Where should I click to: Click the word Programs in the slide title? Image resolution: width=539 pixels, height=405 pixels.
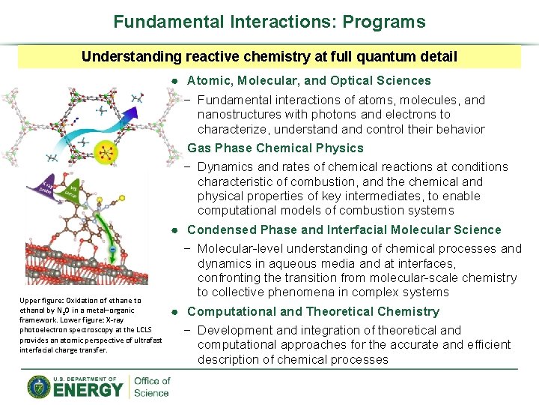point(383,22)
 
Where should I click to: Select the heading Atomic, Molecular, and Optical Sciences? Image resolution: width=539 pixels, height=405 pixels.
point(308,80)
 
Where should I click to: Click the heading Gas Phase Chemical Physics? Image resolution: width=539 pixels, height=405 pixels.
point(275,148)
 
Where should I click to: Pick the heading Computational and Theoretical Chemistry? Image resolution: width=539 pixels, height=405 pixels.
point(313,311)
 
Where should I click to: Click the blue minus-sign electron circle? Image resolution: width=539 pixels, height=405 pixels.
point(112,250)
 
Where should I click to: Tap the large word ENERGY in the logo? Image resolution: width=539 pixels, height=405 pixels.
point(88,389)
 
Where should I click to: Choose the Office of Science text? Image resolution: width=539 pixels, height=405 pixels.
point(152,386)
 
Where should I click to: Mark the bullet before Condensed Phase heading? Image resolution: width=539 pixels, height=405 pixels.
point(173,230)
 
